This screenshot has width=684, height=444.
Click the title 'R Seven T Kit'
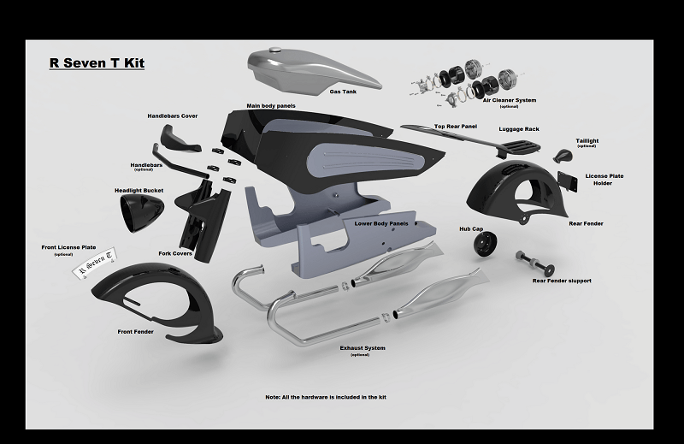97,62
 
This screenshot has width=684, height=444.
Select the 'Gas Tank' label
343,92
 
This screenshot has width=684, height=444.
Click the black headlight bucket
142,213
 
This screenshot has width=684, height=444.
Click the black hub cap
485,243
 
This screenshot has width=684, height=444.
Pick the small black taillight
563,156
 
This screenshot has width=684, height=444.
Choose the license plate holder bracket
567,181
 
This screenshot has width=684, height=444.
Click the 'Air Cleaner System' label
509,100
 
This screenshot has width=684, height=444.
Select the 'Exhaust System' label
363,348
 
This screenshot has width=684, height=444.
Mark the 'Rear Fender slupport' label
562,281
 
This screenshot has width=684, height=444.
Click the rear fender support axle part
535,262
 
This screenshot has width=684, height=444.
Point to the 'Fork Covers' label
175,253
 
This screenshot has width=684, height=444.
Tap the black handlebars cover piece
180,138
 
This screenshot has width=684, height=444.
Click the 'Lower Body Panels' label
381,223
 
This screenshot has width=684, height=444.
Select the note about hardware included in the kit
326,397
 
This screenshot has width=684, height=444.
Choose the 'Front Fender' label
136,332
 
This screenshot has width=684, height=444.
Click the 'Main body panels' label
271,105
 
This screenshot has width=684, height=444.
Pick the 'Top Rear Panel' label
456,126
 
